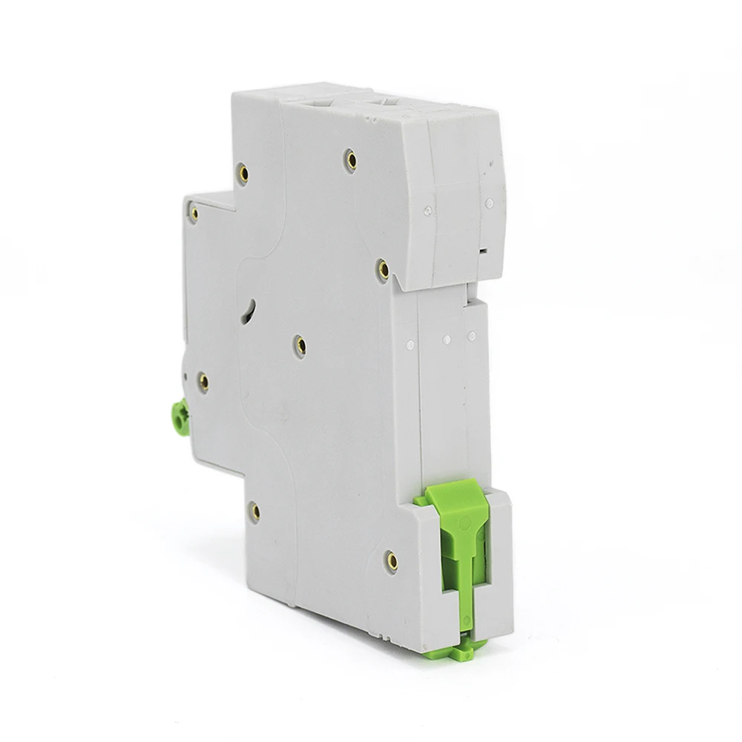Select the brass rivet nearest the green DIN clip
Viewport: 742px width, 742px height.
393,561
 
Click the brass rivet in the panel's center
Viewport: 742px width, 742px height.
300,344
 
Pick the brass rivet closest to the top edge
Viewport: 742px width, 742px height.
351,158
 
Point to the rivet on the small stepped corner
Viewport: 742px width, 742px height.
194,214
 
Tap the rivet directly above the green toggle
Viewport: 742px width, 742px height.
203,381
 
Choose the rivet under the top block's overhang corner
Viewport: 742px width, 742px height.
383,269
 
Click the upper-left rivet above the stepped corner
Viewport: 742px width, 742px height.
243,174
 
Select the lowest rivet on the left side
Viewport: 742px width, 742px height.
254,510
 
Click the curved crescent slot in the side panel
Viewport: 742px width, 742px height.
251,312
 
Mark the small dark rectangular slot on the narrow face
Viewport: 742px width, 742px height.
483,252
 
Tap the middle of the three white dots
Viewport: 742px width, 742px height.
447,340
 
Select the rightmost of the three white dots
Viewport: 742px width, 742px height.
470,335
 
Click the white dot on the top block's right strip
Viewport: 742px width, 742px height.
489,203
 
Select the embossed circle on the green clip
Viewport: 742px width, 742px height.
464,523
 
